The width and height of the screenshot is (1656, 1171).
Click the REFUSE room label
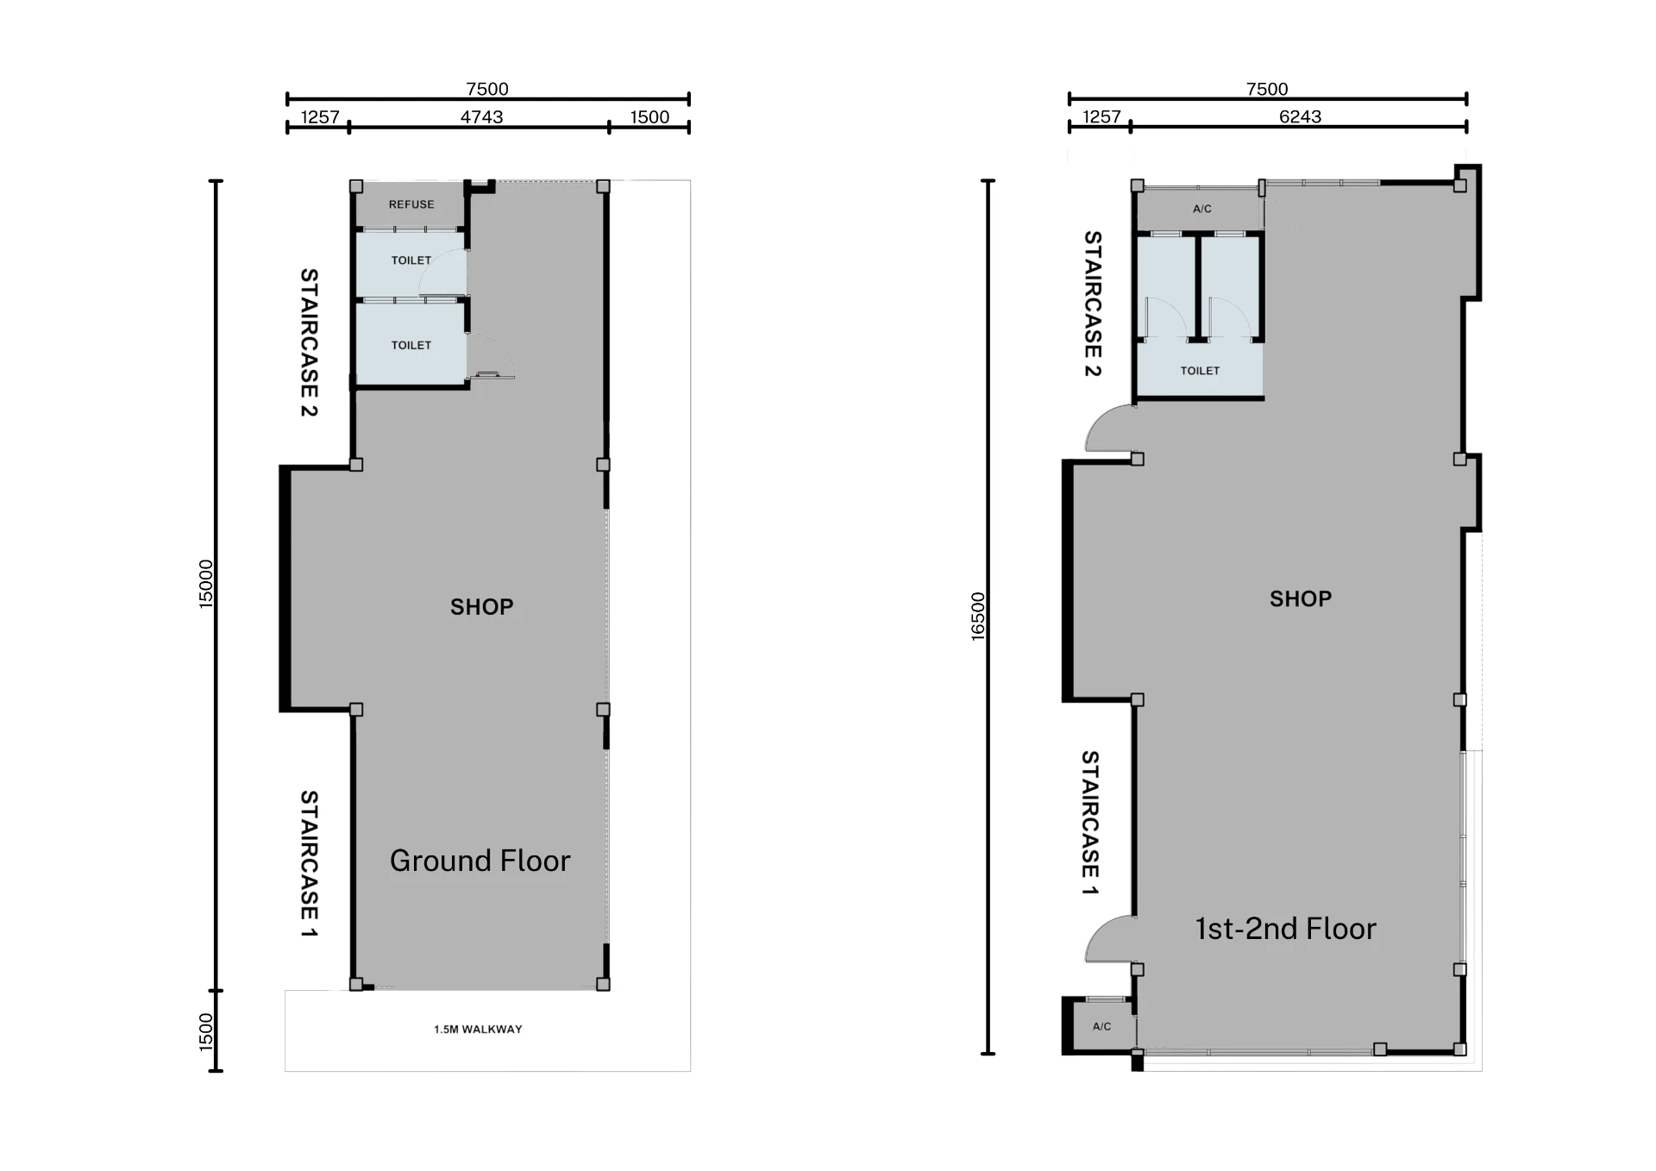click(411, 204)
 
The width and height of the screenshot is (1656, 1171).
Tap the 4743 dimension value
click(481, 116)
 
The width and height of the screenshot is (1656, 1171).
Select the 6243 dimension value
click(1300, 116)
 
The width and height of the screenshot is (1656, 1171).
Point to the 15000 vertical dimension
click(205, 585)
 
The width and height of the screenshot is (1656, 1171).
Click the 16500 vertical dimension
click(977, 617)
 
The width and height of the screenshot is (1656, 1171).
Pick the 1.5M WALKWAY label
click(478, 1029)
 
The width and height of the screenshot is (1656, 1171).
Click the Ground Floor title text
click(480, 861)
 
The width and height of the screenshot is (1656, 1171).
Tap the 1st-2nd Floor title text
click(1285, 929)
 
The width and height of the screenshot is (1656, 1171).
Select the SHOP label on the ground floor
click(481, 607)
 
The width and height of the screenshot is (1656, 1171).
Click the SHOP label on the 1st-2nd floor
click(1301, 598)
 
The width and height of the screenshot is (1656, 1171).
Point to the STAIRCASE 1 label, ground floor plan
click(309, 864)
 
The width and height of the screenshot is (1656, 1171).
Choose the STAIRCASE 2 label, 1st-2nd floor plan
click(1093, 304)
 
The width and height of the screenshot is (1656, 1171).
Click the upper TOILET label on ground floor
click(411, 260)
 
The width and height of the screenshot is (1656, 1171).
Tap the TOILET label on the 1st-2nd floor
click(1200, 371)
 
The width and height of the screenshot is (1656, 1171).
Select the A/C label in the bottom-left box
click(1101, 1026)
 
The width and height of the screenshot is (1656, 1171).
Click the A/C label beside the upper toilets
click(1202, 209)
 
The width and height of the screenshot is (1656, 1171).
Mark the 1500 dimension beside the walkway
click(205, 1032)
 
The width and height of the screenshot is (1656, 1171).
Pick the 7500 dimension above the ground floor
click(487, 89)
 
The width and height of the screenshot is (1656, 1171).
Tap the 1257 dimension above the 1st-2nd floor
click(1101, 116)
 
